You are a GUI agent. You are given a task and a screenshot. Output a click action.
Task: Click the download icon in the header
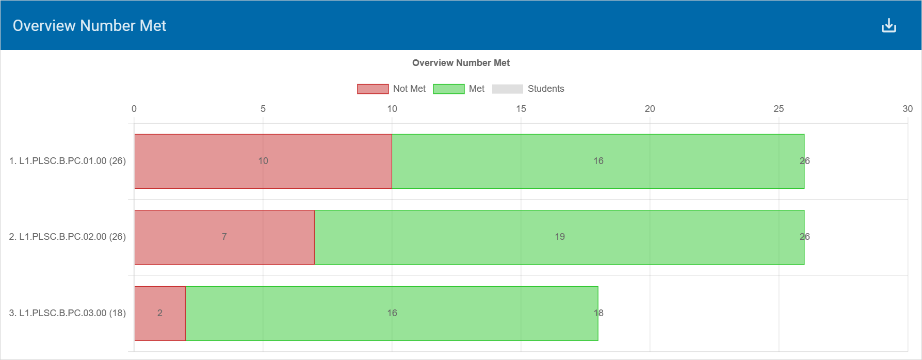(x=888, y=25)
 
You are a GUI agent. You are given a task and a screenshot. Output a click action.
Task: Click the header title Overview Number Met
(x=89, y=26)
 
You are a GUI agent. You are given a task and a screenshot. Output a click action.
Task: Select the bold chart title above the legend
(x=461, y=63)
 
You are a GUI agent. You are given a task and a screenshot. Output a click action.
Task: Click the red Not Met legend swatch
(x=373, y=89)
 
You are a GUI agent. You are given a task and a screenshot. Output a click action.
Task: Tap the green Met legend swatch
(x=448, y=89)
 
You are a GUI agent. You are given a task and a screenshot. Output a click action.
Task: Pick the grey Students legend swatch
(x=507, y=89)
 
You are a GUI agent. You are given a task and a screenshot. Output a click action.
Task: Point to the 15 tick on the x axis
(x=521, y=109)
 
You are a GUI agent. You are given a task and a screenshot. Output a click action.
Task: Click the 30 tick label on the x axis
(x=907, y=109)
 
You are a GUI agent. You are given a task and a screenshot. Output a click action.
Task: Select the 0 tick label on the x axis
(x=134, y=109)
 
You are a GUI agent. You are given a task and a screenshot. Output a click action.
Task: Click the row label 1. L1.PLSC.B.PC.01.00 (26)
(x=68, y=161)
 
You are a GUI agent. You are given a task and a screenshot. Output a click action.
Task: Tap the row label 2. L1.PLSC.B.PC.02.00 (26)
(x=68, y=237)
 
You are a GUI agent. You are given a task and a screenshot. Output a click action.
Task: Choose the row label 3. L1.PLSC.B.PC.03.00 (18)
(x=68, y=313)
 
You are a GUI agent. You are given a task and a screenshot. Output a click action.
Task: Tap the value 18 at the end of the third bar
(x=599, y=313)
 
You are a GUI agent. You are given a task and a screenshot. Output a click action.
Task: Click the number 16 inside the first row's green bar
(x=599, y=161)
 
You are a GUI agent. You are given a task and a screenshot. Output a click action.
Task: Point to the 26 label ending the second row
(x=804, y=237)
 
